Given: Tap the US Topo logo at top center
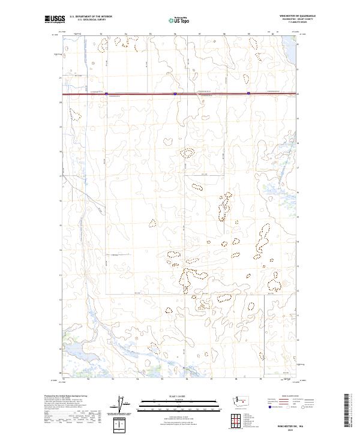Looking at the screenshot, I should pyautogui.click(x=178, y=20).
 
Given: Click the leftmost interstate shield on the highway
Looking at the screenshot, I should pyautogui.click(x=106, y=94).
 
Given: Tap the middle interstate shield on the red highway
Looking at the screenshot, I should pyautogui.click(x=175, y=94).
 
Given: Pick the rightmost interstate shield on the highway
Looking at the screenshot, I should pyautogui.click(x=248, y=93).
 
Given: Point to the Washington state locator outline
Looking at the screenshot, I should pyautogui.click(x=242, y=400).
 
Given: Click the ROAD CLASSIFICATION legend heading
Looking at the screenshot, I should pyautogui.click(x=290, y=396).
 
